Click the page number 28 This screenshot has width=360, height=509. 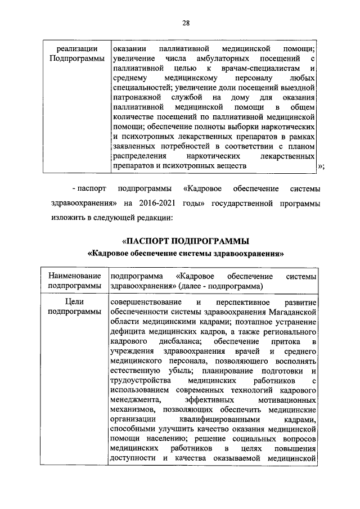(x=186, y=23)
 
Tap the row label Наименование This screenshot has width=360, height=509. (x=74, y=277)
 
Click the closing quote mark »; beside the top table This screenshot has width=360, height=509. (x=321, y=166)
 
